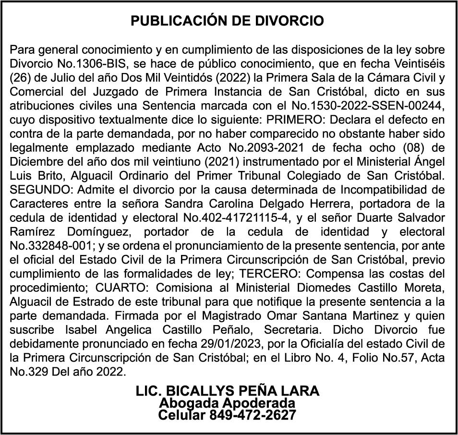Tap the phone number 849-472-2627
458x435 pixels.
(x=253, y=414)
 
